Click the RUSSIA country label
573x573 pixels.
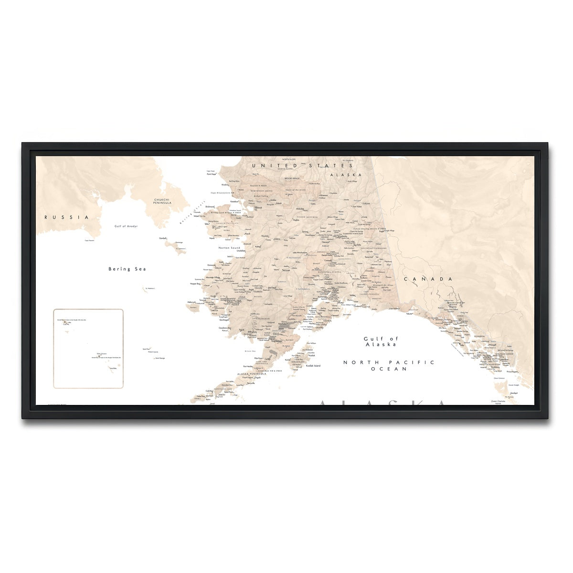click(67, 217)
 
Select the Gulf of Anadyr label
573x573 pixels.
click(126, 226)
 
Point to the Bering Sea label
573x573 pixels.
click(127, 269)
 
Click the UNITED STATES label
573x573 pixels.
click(296, 165)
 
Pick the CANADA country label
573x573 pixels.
click(428, 279)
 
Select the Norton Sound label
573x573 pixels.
click(229, 248)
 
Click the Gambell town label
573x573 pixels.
click(162, 238)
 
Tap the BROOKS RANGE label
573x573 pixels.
click(292, 178)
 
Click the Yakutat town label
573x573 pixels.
click(409, 313)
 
